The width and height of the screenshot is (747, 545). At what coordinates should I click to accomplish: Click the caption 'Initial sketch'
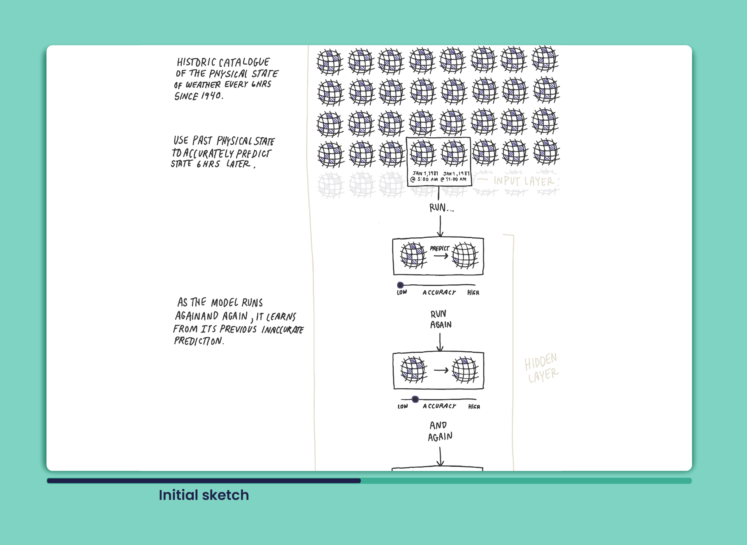pos(203,495)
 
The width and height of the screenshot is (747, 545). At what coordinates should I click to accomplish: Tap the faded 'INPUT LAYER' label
pos(523,181)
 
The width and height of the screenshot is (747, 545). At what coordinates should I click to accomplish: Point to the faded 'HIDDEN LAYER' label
pos(541,368)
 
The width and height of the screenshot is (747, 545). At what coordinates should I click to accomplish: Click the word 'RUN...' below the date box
pos(441,208)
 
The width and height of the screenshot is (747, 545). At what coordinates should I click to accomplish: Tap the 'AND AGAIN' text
pos(440,431)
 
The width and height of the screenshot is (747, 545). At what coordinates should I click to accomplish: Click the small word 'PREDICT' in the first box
pos(439,248)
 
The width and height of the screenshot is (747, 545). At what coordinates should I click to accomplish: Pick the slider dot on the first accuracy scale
pos(400,285)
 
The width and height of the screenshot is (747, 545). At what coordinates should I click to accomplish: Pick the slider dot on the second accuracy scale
pos(415,399)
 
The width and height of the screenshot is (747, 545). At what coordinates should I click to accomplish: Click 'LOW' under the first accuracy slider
pos(402,293)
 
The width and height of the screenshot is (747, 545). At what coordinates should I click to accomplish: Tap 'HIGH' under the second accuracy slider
pos(474,407)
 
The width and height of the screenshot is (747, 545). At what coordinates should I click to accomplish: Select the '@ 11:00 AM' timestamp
pos(454,179)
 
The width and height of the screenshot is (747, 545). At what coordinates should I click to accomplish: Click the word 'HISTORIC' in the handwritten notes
pos(196,62)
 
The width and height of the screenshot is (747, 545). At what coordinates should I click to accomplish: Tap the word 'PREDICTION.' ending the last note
pos(199,341)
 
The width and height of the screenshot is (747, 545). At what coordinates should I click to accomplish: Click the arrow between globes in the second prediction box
pos(441,370)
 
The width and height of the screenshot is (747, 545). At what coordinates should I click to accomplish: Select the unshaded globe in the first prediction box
pos(465,256)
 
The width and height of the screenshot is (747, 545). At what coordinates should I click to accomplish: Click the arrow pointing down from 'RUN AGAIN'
pos(440,342)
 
